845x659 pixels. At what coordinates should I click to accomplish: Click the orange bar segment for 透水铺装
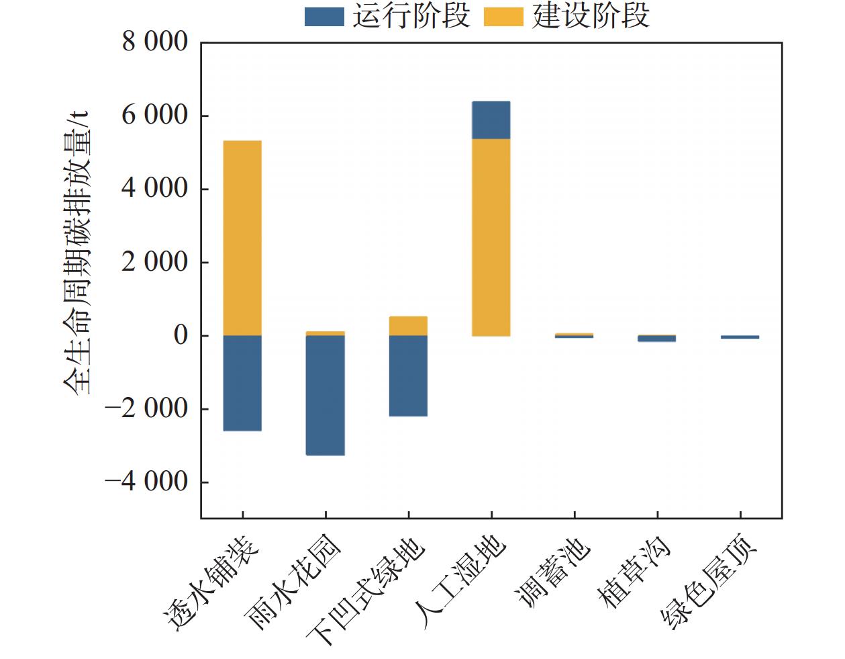242,238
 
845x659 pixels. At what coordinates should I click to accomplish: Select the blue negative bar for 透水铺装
242,383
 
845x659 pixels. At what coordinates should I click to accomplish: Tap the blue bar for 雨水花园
326,395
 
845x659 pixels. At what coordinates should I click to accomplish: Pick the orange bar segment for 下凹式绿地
408,326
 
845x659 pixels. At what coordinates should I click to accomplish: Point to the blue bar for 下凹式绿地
408,376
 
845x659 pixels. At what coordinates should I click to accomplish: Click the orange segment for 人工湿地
491,237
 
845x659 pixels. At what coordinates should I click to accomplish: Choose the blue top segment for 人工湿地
491,120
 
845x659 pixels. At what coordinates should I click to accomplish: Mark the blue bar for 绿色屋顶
740,337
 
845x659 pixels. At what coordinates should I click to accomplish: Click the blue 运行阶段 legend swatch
324,17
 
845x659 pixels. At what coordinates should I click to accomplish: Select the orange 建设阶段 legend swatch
503,17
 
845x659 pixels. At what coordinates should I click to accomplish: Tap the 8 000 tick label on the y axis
155,42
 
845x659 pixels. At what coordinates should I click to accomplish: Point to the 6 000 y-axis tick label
155,116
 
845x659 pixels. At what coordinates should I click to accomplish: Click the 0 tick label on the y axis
181,335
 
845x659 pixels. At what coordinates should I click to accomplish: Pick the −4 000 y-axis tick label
147,482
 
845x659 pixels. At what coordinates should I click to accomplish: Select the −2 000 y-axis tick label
147,408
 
